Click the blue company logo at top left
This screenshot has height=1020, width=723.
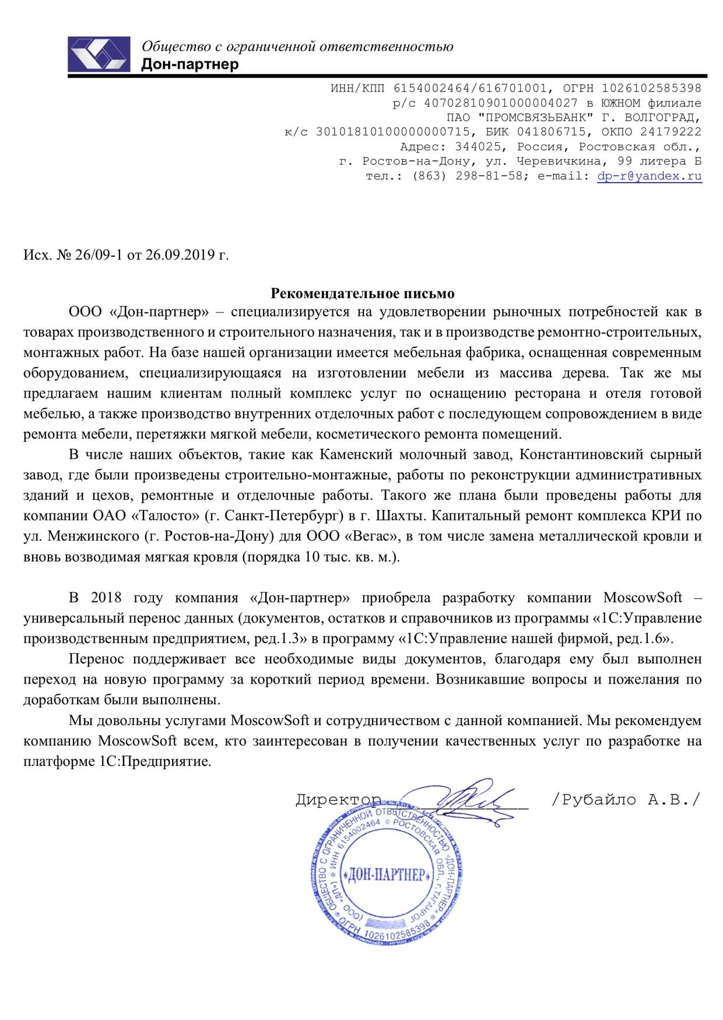(x=99, y=54)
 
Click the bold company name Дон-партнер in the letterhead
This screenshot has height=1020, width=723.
(x=190, y=64)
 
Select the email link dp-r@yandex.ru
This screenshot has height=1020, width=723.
(x=649, y=175)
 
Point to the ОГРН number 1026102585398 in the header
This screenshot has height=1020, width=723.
(x=651, y=89)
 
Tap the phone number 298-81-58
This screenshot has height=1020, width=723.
(x=489, y=175)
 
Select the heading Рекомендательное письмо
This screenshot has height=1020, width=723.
(x=362, y=293)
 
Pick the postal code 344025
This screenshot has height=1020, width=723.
(x=478, y=146)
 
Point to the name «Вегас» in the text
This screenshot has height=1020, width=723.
(x=370, y=536)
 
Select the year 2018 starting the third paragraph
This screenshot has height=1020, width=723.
(x=106, y=598)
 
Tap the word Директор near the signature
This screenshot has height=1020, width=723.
(x=338, y=799)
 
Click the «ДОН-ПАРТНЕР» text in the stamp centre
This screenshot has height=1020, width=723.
(x=387, y=875)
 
